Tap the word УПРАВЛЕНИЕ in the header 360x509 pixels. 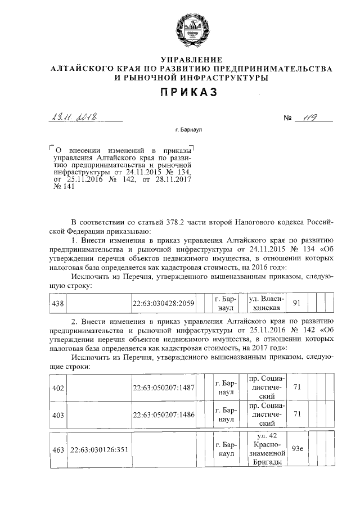click(x=191, y=60)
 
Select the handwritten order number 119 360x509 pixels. click(x=311, y=118)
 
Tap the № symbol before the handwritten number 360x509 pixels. click(x=289, y=119)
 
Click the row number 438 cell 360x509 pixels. click(x=58, y=304)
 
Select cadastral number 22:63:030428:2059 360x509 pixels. click(x=163, y=304)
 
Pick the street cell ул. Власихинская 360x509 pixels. click(x=267, y=304)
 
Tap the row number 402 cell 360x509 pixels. click(x=58, y=389)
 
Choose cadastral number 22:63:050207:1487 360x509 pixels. click(x=163, y=389)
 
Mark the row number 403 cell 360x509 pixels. click(x=58, y=415)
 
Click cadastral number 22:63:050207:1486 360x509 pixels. click(x=163, y=415)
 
